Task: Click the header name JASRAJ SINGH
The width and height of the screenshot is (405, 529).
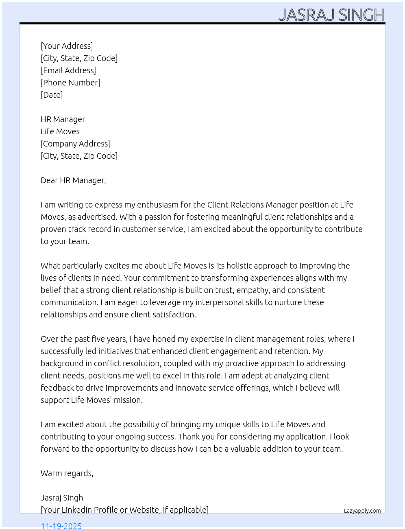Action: point(331,15)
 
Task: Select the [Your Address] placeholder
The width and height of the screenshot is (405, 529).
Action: point(67,46)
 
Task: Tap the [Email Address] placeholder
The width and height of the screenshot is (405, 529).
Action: point(68,70)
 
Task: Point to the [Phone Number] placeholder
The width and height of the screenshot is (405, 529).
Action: point(70,83)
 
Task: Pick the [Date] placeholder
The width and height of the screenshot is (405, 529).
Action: point(52,95)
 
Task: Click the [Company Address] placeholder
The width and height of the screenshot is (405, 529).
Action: point(75,144)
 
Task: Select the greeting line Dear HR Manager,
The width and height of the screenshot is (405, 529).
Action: point(73,180)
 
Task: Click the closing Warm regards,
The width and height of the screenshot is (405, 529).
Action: point(67,473)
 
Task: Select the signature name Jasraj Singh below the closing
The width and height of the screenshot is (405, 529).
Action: point(62,498)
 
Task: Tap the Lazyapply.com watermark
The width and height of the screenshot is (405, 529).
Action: point(362,511)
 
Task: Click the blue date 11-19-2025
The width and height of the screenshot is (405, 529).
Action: point(61,525)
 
